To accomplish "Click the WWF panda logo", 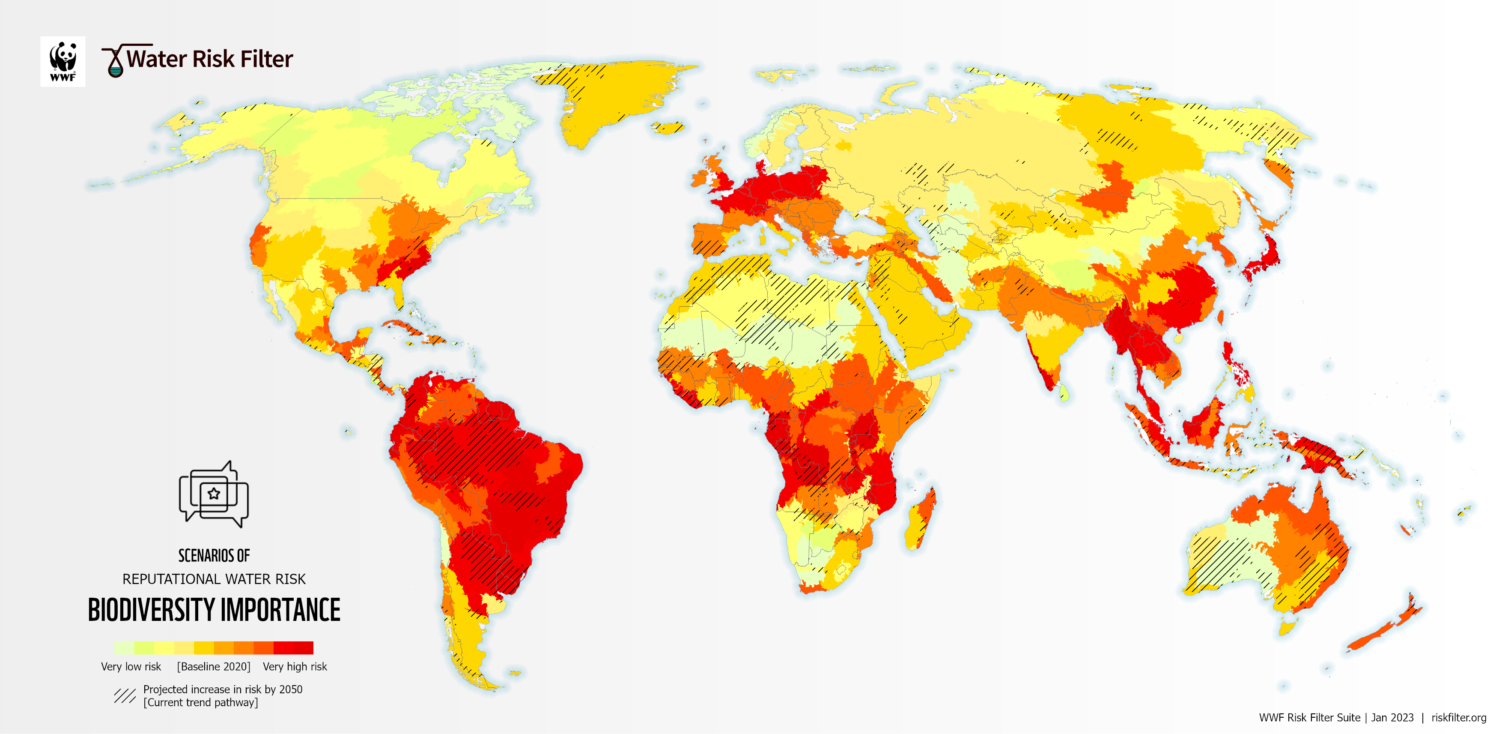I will (x=63, y=61).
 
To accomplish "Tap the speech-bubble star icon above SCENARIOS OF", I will (x=213, y=494).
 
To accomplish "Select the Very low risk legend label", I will (x=131, y=666).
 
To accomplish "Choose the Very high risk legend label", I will (x=295, y=666).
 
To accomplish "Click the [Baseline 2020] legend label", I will (x=213, y=666).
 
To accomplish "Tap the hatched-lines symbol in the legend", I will (x=124, y=695).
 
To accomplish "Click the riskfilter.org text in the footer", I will (x=1458, y=718).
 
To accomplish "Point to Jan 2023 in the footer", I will (x=1392, y=718).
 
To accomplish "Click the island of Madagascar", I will (x=921, y=519).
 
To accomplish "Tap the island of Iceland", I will (x=668, y=127).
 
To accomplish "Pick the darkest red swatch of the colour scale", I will (x=303, y=647).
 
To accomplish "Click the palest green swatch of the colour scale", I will (x=124, y=647).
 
